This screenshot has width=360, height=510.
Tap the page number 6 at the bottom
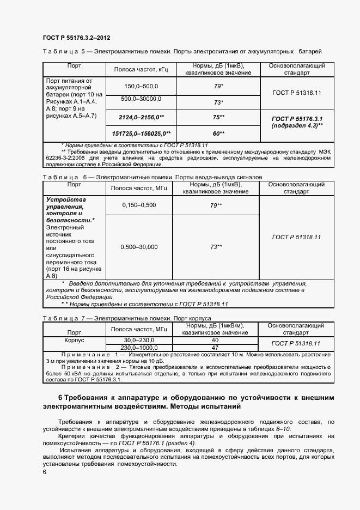coord(44,472)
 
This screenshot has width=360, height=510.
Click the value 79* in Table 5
coord(218,86)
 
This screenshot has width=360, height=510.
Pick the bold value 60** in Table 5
coord(218,133)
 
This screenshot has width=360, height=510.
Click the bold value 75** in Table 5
coord(218,117)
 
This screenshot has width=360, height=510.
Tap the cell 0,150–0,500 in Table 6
coord(139,205)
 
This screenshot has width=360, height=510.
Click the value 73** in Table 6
coord(216,247)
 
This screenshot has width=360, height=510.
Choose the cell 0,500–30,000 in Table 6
coord(139,247)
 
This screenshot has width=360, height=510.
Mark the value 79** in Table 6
coord(216,205)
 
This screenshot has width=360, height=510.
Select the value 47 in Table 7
coord(215,347)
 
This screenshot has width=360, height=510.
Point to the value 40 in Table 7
coord(215,339)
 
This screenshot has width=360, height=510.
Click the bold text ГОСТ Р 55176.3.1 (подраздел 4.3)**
coord(297,122)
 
